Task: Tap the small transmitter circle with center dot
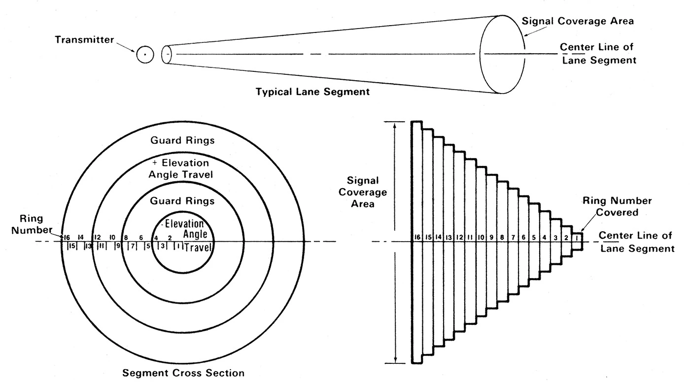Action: [x=145, y=55]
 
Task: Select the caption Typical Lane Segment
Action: [x=313, y=92]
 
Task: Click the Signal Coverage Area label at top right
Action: [x=578, y=22]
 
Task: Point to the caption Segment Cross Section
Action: [x=183, y=372]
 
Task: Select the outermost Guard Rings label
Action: [x=183, y=141]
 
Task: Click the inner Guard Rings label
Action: [x=183, y=201]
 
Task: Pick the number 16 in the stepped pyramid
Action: [x=417, y=238]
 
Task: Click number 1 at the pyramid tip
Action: [x=578, y=238]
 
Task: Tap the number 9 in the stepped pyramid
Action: [x=491, y=238]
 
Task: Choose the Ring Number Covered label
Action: [x=617, y=207]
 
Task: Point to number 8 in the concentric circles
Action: [x=126, y=237]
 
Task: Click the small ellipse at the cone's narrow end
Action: [x=167, y=55]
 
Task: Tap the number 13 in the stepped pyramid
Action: [x=448, y=238]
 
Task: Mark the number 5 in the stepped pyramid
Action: [x=534, y=238]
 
